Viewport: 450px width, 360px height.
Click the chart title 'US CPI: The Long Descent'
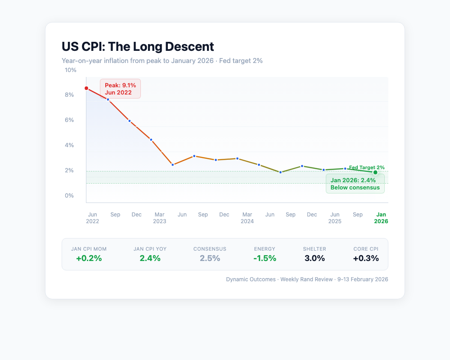[x=138, y=46]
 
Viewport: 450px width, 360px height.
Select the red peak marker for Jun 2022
[x=86, y=88]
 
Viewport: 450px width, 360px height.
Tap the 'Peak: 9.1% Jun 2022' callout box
[x=120, y=89]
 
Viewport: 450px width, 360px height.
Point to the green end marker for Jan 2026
[x=375, y=172]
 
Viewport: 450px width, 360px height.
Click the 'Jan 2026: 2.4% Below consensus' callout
[x=355, y=184]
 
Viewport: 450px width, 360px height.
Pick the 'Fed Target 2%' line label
[x=367, y=167]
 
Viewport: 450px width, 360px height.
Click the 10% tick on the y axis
[x=71, y=70]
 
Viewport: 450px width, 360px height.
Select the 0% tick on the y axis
[x=69, y=196]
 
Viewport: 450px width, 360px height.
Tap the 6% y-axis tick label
[x=69, y=120]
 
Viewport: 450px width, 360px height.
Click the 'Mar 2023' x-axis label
[x=159, y=218]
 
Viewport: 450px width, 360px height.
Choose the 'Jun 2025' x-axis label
[x=334, y=218]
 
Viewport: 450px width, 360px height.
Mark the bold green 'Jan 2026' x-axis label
[x=381, y=218]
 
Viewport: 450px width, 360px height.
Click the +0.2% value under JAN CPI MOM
[x=89, y=258]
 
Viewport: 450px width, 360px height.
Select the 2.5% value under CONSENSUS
[x=210, y=258]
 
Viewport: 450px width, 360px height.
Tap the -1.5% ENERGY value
[x=264, y=258]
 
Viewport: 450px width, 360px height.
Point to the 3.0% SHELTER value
[x=315, y=258]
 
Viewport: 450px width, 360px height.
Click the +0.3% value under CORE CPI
[x=365, y=258]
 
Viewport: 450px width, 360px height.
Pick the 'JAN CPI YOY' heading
[x=150, y=249]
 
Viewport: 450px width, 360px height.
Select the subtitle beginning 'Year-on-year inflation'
[x=162, y=60]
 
